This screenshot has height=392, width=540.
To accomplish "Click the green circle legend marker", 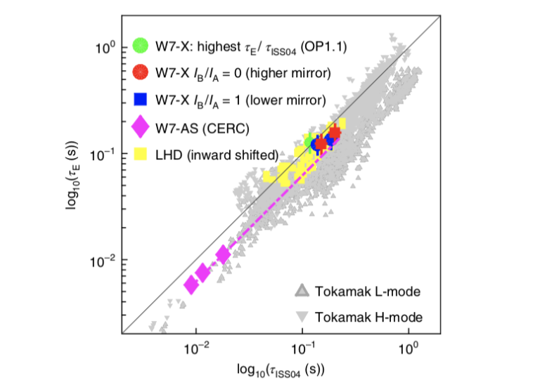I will [141, 46].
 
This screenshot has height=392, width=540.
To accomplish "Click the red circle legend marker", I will [141, 72].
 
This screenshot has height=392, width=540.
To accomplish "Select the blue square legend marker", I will [141, 99].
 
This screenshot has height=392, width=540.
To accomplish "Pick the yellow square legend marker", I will [141, 154].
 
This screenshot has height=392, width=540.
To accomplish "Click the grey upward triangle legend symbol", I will [302, 290].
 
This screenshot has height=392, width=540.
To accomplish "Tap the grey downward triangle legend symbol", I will [302, 315].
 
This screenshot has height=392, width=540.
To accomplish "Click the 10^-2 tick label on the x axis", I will [196, 348].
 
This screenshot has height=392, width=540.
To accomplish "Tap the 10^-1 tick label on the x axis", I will [302, 348].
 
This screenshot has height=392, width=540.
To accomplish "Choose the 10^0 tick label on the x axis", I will [409, 348].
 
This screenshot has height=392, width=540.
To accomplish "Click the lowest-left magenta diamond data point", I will [191, 284].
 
